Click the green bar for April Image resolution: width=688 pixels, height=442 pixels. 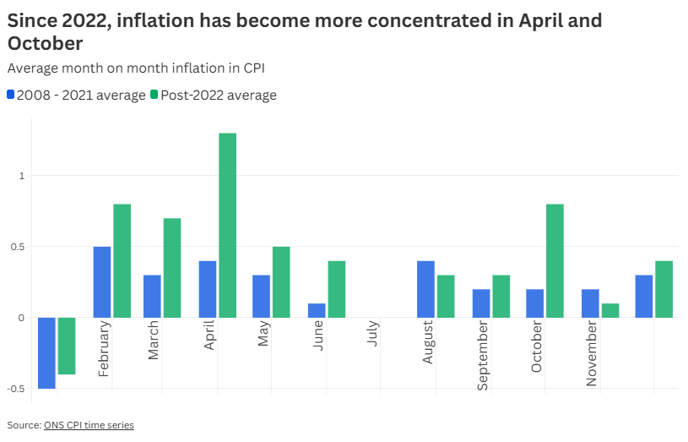[x=227, y=225]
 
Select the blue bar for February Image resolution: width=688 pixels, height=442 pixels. [x=102, y=281]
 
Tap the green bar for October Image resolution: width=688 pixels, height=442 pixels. [x=555, y=260]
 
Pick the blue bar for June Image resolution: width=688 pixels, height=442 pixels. [x=317, y=310]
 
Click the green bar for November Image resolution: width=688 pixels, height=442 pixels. [x=609, y=310]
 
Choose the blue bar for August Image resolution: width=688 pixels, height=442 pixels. [x=425, y=289]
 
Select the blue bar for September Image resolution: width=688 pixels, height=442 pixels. [x=480, y=303]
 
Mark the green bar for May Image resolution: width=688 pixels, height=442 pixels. [x=281, y=281]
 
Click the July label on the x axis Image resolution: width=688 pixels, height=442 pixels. [x=373, y=336]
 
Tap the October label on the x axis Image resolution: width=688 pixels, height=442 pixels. [x=537, y=347]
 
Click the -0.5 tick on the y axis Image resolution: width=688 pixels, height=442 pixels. [x=16, y=389]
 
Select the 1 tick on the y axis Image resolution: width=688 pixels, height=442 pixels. [x=24, y=176]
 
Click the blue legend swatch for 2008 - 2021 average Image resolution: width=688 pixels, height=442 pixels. [x=11, y=95]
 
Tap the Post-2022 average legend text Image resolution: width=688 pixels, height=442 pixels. [x=219, y=95]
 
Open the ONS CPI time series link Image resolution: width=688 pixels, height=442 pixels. [x=89, y=425]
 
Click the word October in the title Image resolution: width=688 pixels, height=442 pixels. [x=46, y=42]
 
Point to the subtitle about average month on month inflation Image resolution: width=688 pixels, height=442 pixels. [x=141, y=68]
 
